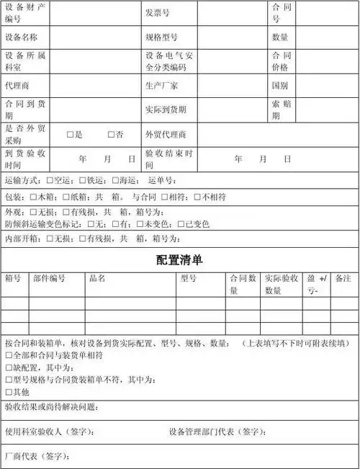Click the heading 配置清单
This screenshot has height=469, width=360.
point(179,259)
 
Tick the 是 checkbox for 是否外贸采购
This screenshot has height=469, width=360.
point(71,135)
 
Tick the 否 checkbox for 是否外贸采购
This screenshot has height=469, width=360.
point(111,135)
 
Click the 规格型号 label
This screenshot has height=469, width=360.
point(161,37)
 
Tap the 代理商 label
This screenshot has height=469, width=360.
point(17,85)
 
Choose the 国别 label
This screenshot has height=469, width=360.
point(280,85)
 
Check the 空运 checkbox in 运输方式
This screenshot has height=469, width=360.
point(49,180)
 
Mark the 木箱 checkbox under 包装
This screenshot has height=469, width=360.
point(33,196)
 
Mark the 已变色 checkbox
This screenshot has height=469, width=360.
point(181,224)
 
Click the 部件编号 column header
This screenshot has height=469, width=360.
point(49,278)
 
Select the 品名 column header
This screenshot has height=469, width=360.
point(98,278)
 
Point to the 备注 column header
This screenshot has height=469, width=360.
point(343,278)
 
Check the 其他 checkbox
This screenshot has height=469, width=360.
point(8,392)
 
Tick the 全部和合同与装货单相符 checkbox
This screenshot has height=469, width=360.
point(8,355)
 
